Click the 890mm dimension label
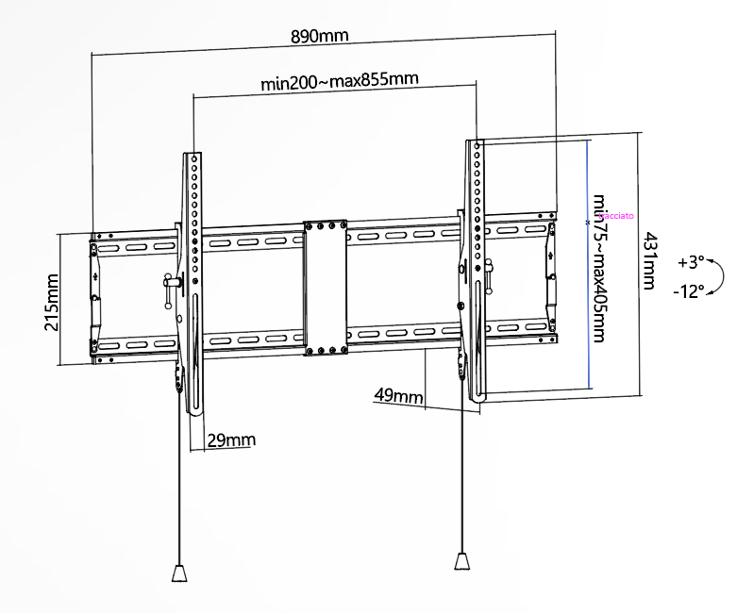[320, 36]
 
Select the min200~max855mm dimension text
[340, 81]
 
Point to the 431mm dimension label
[650, 261]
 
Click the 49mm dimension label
[398, 394]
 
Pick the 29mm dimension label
[231, 439]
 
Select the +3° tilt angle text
[691, 261]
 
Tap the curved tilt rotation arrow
[719, 276]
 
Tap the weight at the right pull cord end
[461, 561]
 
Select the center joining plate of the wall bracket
[326, 289]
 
